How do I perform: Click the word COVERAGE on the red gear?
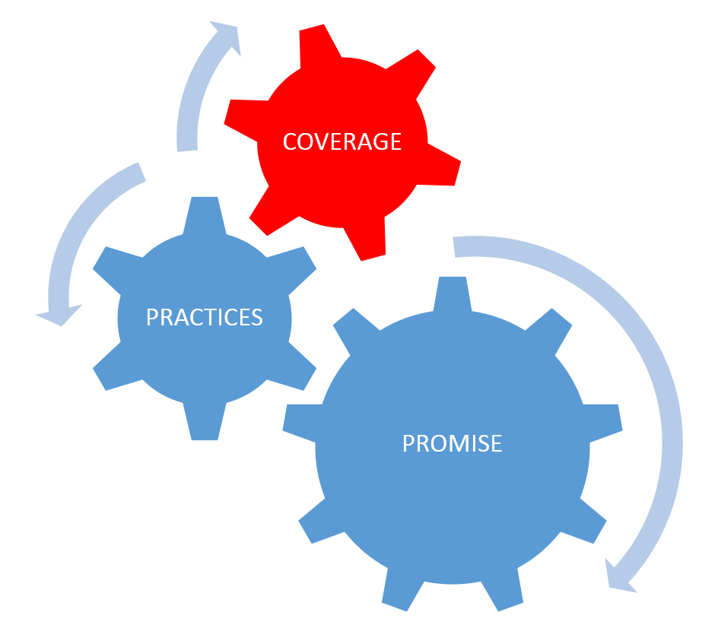[342, 141]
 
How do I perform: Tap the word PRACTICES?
[205, 317]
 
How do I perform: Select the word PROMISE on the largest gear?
[452, 442]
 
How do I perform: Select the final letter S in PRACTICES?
[256, 317]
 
